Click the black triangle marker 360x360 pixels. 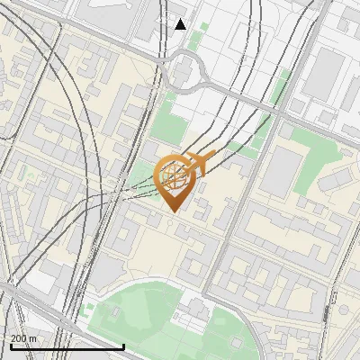(181, 24)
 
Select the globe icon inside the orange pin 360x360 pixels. (174, 175)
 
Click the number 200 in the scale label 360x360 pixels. (18, 338)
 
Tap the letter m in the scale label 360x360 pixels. (33, 338)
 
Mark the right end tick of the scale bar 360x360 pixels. (123, 346)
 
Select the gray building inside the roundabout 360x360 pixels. (186, 70)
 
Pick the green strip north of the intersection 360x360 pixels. (282, 85)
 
